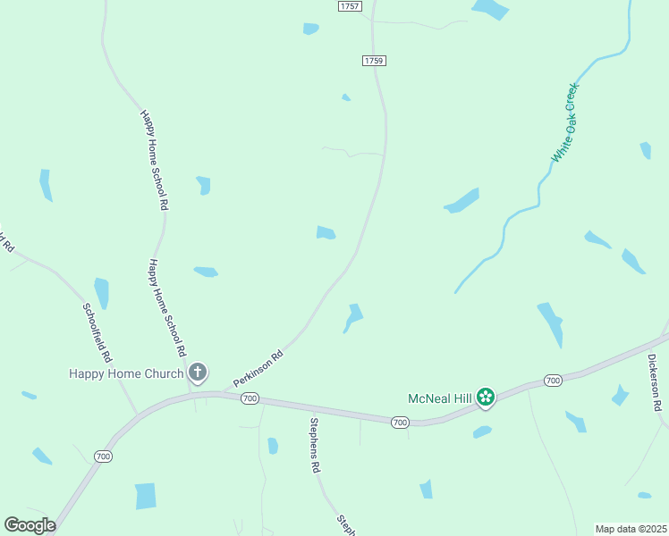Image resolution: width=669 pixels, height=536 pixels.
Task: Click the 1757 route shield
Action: pos(350,6)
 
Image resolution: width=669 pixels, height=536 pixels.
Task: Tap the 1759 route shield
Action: pos(374,61)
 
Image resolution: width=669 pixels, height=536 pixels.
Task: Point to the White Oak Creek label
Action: pos(565,122)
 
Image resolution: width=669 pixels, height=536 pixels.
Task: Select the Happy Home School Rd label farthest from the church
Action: pos(154,160)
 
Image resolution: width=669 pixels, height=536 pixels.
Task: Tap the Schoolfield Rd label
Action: pos(97,331)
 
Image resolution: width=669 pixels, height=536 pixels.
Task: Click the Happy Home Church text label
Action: pos(126,373)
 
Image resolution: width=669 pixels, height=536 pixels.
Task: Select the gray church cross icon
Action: pos(198,373)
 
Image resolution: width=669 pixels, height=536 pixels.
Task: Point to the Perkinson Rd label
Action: pos(258,368)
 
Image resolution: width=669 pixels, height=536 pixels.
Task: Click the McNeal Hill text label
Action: pos(440,397)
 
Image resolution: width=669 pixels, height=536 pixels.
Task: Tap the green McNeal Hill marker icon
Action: pos(486,397)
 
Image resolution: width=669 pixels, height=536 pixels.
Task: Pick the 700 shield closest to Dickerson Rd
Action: pos(553,381)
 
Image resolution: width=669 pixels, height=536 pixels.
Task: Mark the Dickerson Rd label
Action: pos(656,382)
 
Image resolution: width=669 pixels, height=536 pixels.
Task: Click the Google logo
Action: pos(30,525)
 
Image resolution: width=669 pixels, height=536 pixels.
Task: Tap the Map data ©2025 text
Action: pos(631,529)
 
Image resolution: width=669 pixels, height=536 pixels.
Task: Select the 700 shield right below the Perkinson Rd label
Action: pos(250,398)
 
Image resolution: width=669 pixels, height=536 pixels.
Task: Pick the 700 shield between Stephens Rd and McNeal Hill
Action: pos(399,422)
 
